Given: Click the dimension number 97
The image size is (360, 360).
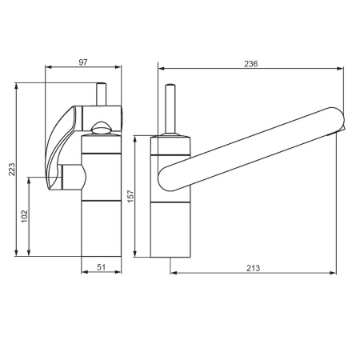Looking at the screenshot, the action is click(83, 62).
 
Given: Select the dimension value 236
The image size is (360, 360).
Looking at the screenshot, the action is click(251, 64).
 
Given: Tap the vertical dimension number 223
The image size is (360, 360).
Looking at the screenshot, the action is click(12, 170).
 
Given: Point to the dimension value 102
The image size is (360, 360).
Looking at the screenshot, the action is click(24, 217).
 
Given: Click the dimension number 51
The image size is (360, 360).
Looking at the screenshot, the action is click(101, 267).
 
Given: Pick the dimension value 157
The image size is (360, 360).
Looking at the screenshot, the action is click(130, 196).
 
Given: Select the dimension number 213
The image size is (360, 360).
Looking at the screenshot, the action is click(253, 268).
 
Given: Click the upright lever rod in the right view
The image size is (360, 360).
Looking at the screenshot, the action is click(170, 109).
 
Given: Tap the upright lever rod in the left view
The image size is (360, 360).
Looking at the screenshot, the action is click(102, 94).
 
